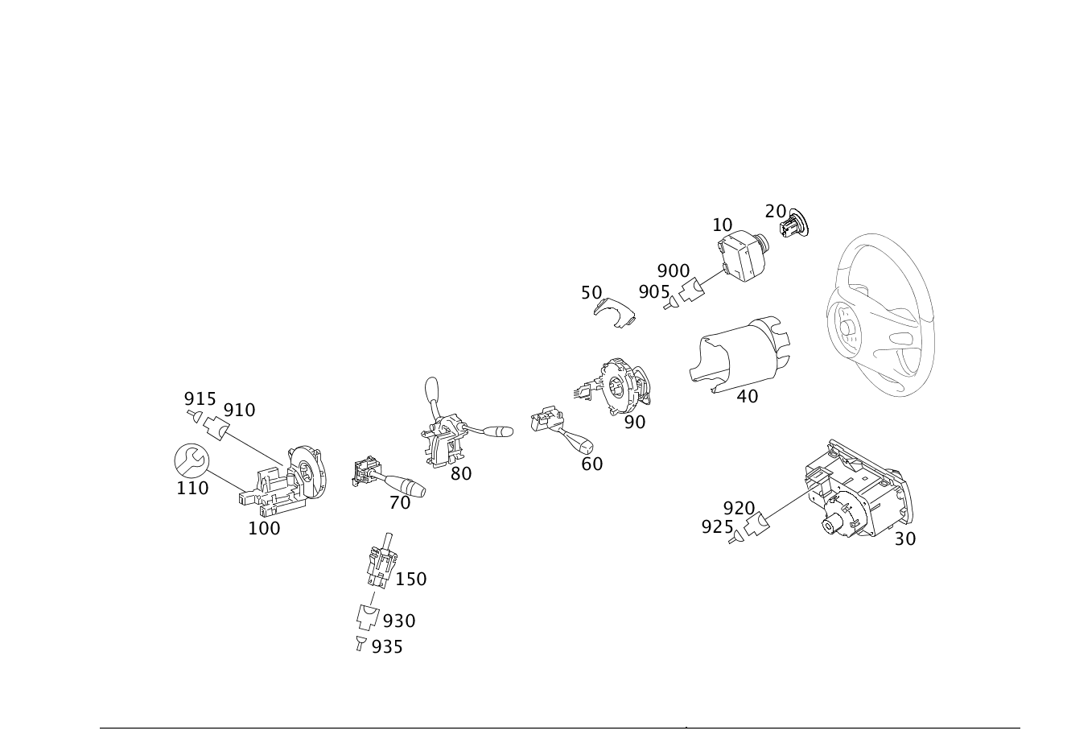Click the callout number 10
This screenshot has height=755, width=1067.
click(722, 225)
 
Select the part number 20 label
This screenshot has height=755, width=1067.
click(775, 212)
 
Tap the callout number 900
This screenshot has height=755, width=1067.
click(674, 271)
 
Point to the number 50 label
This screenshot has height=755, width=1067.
click(591, 293)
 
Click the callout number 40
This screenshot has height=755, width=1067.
click(748, 396)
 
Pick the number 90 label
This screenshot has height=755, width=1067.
click(635, 422)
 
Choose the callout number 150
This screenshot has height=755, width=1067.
click(411, 580)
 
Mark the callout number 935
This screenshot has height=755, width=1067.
click(387, 647)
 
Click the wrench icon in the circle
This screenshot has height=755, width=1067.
click(192, 460)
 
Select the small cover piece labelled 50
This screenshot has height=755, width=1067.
click(615, 312)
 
